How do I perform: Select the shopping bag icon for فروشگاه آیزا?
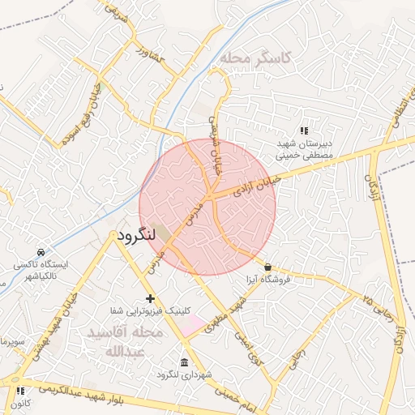267,267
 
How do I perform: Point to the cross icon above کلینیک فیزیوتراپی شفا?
150,299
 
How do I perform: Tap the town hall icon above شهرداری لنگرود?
185,362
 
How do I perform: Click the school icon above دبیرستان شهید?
304,130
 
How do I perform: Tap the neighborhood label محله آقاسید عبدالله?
125,342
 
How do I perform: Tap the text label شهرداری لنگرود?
185,374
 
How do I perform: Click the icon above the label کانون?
19,391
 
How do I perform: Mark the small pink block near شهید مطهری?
194,326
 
